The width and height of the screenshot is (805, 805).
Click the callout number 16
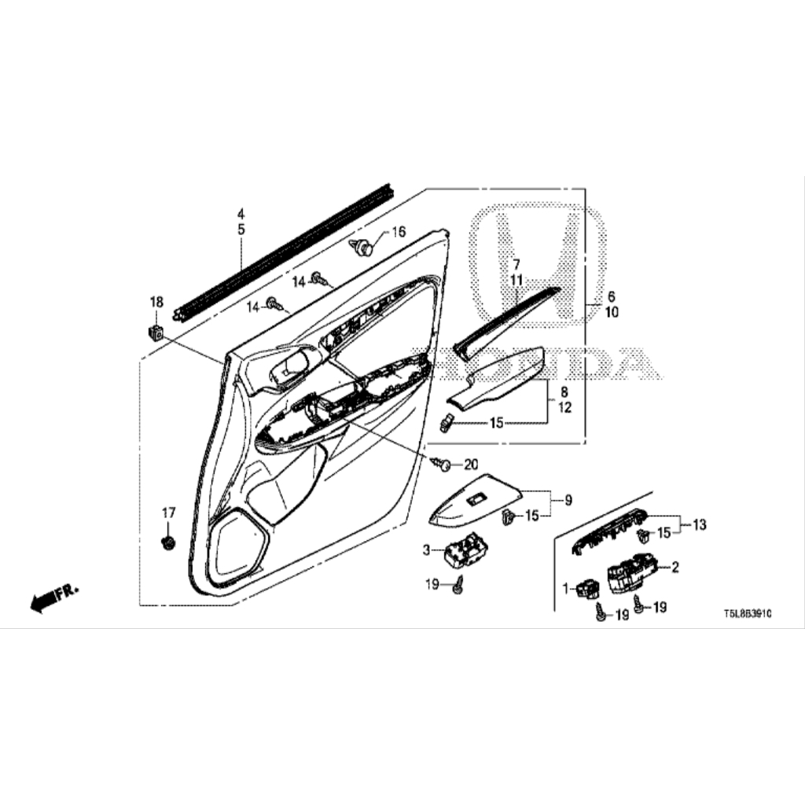pos(399,232)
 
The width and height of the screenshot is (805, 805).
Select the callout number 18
pos(156,302)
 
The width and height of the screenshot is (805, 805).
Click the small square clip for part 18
pos(156,331)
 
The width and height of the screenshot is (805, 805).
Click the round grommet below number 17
pos(167,542)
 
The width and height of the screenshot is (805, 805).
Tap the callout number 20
pos(471,464)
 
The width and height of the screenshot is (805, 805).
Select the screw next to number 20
pos(443,465)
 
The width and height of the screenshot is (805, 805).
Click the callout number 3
pos(427,550)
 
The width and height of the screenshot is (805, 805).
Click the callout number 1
pos(564,586)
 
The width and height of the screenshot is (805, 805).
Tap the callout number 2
pos(674,566)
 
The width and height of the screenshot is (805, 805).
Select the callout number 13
pos(699,524)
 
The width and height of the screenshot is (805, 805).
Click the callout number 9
pos(568,499)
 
